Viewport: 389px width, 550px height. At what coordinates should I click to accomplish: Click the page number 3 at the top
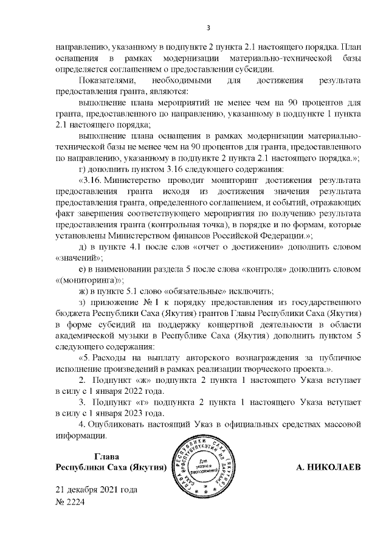[x=208, y=27]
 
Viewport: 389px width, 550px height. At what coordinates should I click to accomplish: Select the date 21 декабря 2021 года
[x=97, y=490]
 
